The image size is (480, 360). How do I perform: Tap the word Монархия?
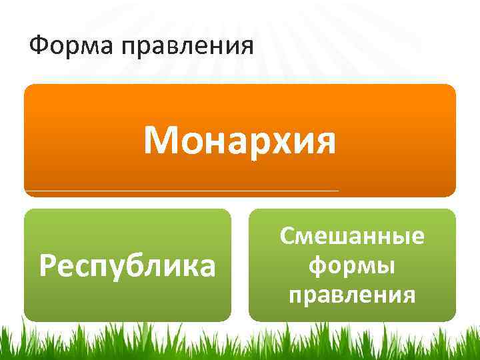240,140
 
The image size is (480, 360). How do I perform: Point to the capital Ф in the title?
39,47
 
